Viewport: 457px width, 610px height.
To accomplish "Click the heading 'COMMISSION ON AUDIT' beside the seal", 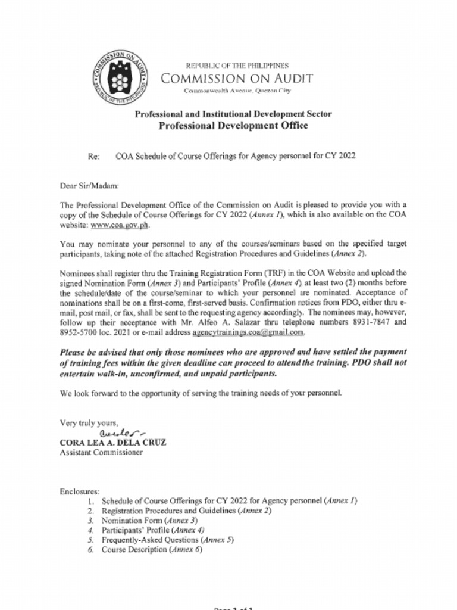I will point(237,79).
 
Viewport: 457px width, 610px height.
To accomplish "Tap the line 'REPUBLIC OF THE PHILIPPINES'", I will point(237,66).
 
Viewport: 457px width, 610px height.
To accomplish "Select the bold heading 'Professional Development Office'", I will point(233,125).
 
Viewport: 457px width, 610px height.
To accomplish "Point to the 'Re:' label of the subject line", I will point(93,157).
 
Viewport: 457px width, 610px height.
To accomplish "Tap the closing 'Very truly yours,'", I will point(89,423).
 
